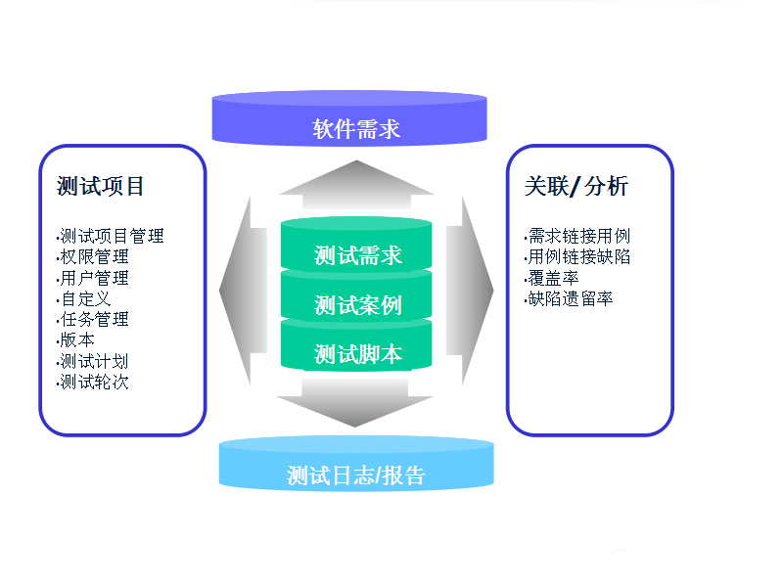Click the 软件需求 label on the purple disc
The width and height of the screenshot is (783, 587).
356,129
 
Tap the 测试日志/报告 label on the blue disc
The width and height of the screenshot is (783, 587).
356,476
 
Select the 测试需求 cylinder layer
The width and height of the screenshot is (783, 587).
357,255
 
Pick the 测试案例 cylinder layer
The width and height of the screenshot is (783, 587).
357,305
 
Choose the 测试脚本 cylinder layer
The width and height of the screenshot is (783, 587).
357,353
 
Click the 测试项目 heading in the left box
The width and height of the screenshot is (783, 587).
101,186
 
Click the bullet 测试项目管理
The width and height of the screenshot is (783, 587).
111,236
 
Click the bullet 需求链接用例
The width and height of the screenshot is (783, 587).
577,236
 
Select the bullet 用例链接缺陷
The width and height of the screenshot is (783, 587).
577,257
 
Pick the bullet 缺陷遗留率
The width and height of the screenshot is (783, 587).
569,298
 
